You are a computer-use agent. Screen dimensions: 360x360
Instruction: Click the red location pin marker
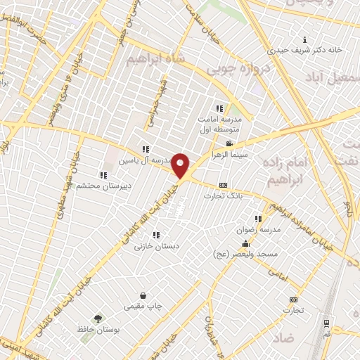[181, 165]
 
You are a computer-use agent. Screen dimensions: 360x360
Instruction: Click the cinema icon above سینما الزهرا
[229, 143]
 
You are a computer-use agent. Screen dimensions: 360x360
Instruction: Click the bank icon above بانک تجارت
[223, 185]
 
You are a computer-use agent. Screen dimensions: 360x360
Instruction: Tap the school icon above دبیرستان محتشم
[103, 175]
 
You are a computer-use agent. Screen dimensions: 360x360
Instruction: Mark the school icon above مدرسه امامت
[219, 108]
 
